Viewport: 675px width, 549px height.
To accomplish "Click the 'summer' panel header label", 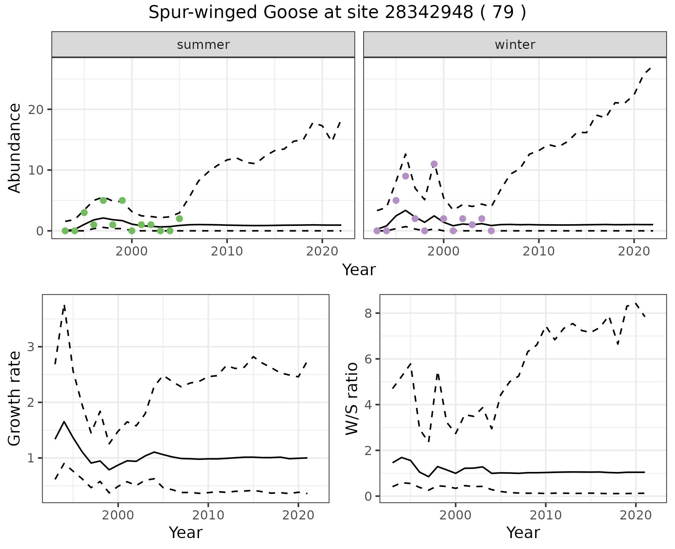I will click(x=203, y=45).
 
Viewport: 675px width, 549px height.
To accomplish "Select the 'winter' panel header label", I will click(x=515, y=45).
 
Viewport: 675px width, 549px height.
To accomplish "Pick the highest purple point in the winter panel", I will click(x=434, y=164).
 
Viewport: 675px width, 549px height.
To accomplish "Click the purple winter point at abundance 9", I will click(x=405, y=176).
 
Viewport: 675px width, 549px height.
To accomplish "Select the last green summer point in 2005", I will click(x=179, y=219).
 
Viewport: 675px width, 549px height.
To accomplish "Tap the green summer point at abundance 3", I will click(x=84, y=213).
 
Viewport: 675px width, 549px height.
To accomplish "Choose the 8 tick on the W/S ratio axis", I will click(x=369, y=313).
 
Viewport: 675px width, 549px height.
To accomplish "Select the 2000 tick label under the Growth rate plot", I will click(x=118, y=516).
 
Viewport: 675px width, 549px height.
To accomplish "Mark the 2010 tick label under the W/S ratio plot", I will click(x=546, y=516).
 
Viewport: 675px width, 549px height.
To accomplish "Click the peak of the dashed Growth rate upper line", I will click(x=64, y=305).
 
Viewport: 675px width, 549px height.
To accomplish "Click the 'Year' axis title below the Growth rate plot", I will click(x=186, y=533).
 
